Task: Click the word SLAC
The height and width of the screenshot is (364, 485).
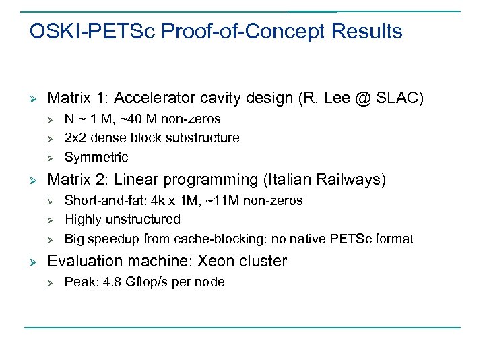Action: pos(401,98)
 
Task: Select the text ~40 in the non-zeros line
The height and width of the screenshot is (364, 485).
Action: pos(124,119)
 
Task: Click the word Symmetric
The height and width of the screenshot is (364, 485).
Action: pos(96,158)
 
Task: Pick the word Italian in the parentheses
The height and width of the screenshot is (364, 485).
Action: pos(288,180)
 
